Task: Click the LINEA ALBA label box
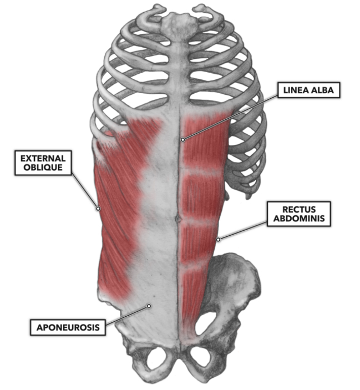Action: tap(308, 90)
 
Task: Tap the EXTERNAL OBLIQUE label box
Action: tap(43, 163)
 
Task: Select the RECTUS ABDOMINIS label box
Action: tap(299, 214)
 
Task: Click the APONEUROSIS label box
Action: tap(68, 327)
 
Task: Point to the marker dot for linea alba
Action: tap(182, 140)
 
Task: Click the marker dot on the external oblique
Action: tap(98, 209)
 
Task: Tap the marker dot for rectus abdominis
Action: tap(218, 240)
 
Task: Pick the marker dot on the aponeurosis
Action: tap(149, 306)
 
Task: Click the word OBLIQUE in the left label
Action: tap(43, 168)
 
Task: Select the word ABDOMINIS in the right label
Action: tap(299, 219)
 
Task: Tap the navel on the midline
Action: tap(178, 219)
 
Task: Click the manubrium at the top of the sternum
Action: tap(180, 22)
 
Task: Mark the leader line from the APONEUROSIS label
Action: tap(127, 315)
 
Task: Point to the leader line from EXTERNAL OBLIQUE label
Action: tap(85, 191)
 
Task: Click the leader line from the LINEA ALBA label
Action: tap(230, 117)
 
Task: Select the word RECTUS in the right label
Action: tap(299, 210)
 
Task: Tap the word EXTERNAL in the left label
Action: tap(43, 159)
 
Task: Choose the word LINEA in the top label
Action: tap(295, 90)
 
